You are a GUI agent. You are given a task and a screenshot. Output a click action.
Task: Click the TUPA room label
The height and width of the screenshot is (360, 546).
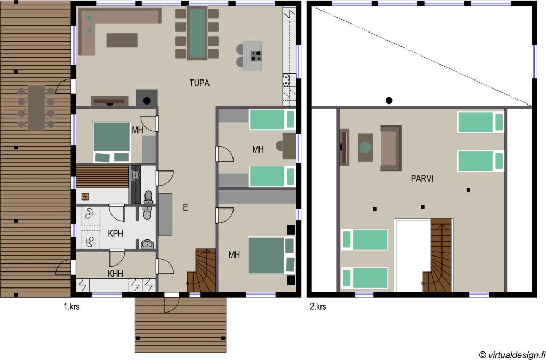point(199,84)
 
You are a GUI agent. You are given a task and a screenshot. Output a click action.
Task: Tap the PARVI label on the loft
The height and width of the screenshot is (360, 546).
point(422,179)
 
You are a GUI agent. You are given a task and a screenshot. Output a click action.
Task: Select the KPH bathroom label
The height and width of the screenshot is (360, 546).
point(116,233)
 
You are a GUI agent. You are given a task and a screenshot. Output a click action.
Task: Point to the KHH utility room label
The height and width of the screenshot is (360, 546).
point(116,274)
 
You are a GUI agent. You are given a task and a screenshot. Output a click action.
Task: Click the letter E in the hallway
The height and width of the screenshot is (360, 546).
point(186,208)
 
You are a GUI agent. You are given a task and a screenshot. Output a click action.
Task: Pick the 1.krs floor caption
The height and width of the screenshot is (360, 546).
point(71,307)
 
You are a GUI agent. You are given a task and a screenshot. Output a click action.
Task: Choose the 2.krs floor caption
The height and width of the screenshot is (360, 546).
point(318,307)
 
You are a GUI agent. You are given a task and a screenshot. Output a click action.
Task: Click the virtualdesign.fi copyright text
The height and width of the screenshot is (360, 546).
point(512,355)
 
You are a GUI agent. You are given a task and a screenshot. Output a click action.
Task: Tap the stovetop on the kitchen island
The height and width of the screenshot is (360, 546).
point(256,55)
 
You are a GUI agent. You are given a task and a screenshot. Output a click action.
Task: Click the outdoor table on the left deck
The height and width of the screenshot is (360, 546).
point(37,108)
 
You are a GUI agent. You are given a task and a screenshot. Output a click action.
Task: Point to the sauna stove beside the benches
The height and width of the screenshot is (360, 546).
point(85,197)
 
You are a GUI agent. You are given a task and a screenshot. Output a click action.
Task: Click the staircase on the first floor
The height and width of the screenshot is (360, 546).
point(202,270)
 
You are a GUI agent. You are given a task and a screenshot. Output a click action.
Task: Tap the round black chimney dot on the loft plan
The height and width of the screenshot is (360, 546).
point(389,101)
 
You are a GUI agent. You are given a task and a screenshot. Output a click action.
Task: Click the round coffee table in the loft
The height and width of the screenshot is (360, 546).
point(365,148)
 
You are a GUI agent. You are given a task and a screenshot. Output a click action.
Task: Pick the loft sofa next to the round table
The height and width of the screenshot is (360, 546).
point(391,148)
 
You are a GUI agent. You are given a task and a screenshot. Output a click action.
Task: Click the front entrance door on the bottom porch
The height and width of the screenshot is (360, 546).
point(171,303)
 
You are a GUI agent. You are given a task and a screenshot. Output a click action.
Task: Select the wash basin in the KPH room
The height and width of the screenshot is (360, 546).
point(148,244)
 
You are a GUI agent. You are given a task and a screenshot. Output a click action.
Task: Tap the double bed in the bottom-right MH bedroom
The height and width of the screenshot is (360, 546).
point(271,255)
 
